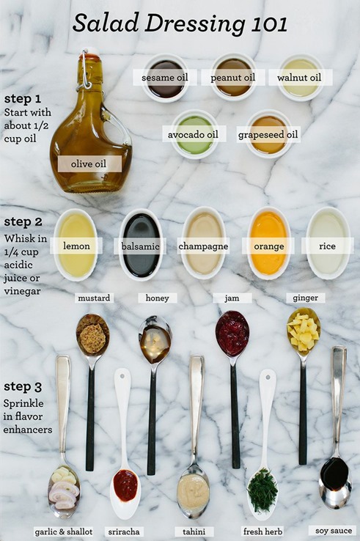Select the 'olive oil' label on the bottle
89,163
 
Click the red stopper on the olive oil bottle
91,56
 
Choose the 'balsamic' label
141,246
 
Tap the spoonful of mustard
92,335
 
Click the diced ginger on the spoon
303,331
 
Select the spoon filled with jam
232,334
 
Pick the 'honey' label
156,298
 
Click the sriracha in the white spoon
125,485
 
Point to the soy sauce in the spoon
335,474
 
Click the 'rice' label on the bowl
327,246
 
